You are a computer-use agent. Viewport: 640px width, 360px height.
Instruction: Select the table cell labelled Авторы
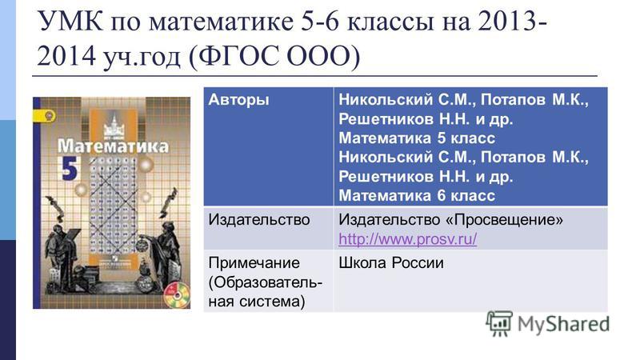pos(238,99)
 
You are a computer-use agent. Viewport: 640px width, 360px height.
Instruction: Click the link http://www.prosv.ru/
pos(407,239)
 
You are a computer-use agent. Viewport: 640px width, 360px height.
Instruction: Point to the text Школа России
pos(391,263)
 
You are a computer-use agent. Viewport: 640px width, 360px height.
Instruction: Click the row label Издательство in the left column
pos(258,220)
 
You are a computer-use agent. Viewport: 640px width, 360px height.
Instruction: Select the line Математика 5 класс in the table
pos(417,138)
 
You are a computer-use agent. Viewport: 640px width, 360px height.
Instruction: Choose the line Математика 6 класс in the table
pos(417,196)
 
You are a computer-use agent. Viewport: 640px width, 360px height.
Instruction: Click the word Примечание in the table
pos(254,263)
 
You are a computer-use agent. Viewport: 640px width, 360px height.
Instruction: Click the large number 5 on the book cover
pos(69,167)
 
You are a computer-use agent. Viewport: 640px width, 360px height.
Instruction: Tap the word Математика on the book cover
pos(113,146)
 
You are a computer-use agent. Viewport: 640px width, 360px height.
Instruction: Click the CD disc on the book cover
pos(178,294)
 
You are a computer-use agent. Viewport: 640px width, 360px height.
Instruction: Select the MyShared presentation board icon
pos(499,324)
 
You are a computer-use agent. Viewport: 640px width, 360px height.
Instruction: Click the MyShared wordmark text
pos(563,325)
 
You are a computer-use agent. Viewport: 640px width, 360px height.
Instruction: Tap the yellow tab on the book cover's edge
pos(45,116)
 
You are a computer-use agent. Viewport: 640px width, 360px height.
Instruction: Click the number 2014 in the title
pos(66,56)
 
